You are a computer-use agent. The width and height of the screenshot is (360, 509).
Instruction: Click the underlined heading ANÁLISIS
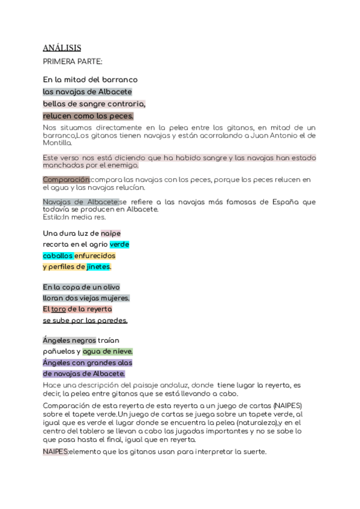tap(62, 47)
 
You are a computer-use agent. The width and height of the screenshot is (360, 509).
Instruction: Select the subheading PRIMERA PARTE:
tap(73, 61)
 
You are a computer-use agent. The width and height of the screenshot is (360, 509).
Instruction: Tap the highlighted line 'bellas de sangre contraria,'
tap(94, 103)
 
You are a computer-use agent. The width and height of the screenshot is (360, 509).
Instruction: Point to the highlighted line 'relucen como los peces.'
tap(88, 115)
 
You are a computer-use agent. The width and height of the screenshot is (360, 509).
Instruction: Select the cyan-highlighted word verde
tap(119, 244)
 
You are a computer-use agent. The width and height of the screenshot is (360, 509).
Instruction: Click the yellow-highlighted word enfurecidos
tap(95, 256)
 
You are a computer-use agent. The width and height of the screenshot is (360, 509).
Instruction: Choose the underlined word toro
tap(58, 309)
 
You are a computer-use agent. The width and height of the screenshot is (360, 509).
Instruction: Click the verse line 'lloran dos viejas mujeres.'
tap(86, 298)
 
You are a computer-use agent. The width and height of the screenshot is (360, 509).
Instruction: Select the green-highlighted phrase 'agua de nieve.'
tap(107, 351)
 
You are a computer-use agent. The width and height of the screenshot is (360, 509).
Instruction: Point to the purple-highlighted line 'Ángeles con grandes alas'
tap(88, 363)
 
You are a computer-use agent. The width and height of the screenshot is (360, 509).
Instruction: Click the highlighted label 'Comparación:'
tap(66, 179)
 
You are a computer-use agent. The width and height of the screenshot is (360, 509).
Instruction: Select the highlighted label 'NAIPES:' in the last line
tap(55, 451)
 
